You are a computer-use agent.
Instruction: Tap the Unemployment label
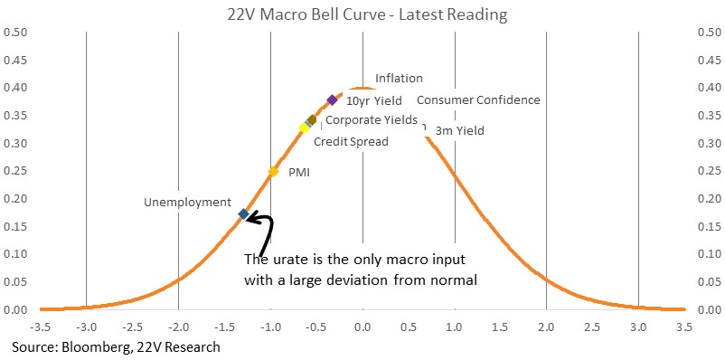pos(187,203)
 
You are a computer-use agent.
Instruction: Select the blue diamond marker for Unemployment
pos(243,213)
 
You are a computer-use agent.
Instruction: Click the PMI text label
pos(299,173)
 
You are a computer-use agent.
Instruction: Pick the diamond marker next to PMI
pos(273,172)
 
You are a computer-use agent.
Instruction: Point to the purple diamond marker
pos(332,99)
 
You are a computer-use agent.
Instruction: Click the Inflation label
pos(399,78)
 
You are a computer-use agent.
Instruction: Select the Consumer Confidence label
pos(478,99)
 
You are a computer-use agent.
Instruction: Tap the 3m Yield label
pos(460,131)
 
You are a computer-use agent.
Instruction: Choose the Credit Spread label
pos(351,142)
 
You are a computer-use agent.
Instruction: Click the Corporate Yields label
pos(372,119)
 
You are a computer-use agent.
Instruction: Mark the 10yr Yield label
pos(374,99)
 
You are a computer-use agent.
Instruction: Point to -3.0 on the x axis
pos(86,327)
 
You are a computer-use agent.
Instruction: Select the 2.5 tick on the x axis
pos(592,327)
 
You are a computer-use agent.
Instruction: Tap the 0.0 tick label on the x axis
pos(362,327)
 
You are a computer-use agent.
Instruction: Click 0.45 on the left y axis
pos(16,61)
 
